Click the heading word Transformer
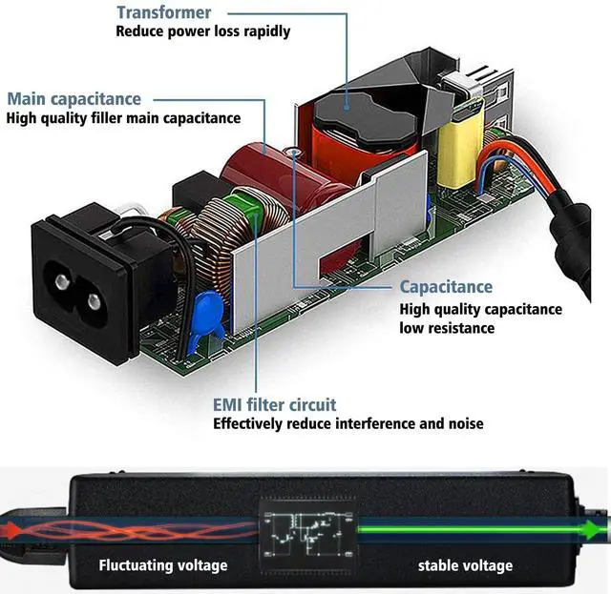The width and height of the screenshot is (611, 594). [x=164, y=12]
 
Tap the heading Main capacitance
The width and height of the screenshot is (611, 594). [x=74, y=99]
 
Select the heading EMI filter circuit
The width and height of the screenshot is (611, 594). [x=274, y=405]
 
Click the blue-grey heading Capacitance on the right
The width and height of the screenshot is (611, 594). [x=446, y=287]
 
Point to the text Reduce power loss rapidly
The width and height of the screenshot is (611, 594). [x=203, y=31]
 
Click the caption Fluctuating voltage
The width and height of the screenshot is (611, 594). [x=163, y=565]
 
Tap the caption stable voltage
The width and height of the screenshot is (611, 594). [x=465, y=565]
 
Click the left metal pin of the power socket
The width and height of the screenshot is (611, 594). [x=62, y=280]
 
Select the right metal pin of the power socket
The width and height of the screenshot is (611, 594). [x=94, y=301]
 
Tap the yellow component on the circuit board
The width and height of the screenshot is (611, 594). [x=461, y=148]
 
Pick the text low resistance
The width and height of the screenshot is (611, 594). [x=447, y=328]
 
